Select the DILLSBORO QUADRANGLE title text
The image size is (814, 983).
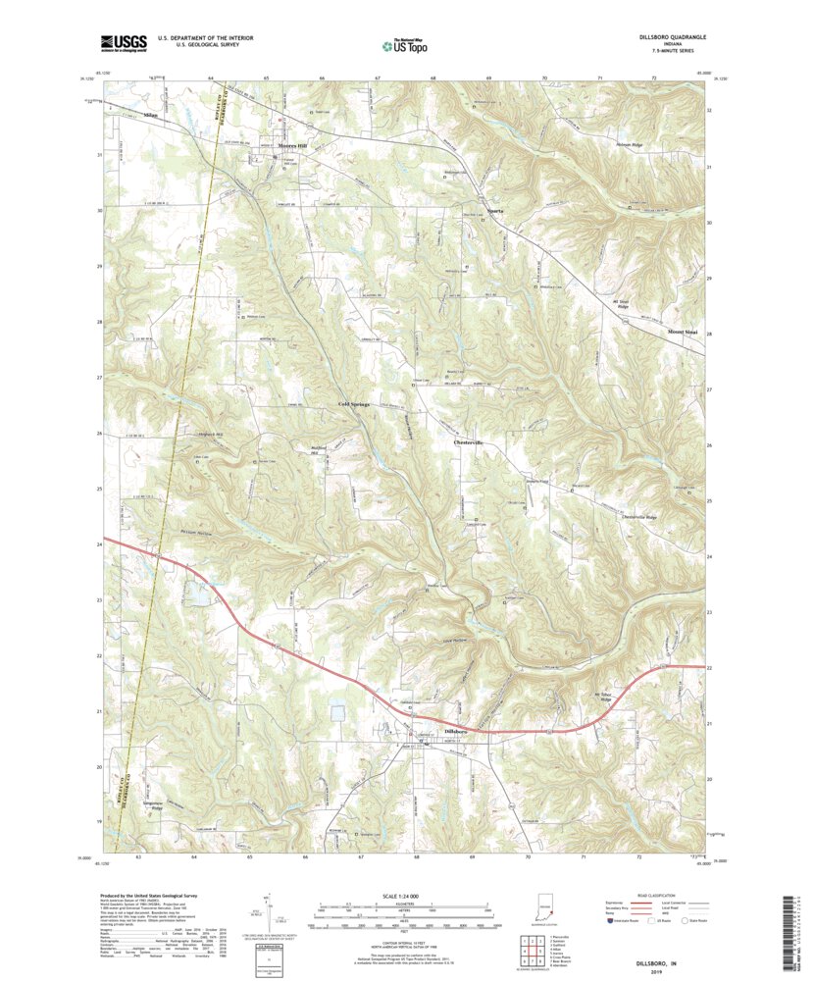665,36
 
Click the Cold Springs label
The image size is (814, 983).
354,404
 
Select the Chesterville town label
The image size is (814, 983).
471,442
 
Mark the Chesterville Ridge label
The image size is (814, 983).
642,517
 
